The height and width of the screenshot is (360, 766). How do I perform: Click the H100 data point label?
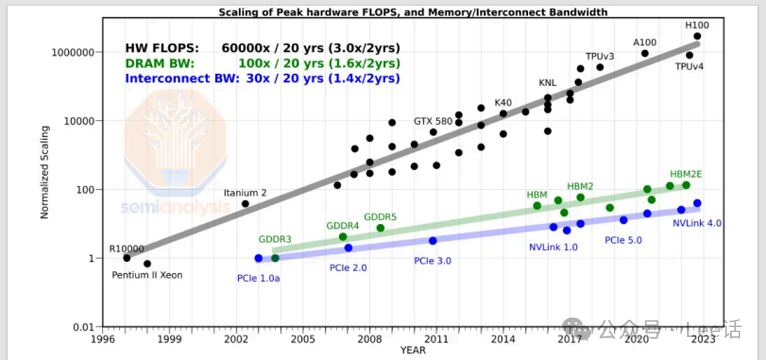pos(697,25)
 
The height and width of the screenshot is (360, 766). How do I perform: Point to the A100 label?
pos(644,42)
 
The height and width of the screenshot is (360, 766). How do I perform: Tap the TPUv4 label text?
pos(689,67)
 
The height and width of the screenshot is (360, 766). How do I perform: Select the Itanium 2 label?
pos(245,193)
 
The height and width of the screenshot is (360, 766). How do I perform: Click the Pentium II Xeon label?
pos(147,275)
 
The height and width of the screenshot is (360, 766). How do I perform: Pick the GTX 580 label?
pos(432,121)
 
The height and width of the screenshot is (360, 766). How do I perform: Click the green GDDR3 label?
pos(275,239)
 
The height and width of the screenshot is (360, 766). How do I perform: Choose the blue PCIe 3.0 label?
pos(432,261)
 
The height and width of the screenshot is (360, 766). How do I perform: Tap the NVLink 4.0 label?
pos(697,223)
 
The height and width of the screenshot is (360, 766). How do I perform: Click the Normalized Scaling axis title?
pos(44,173)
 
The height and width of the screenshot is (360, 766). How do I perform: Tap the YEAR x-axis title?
pos(413,351)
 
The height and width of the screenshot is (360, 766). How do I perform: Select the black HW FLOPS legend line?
pos(263,48)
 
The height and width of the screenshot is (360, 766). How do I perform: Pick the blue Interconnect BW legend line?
pos(263,78)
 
